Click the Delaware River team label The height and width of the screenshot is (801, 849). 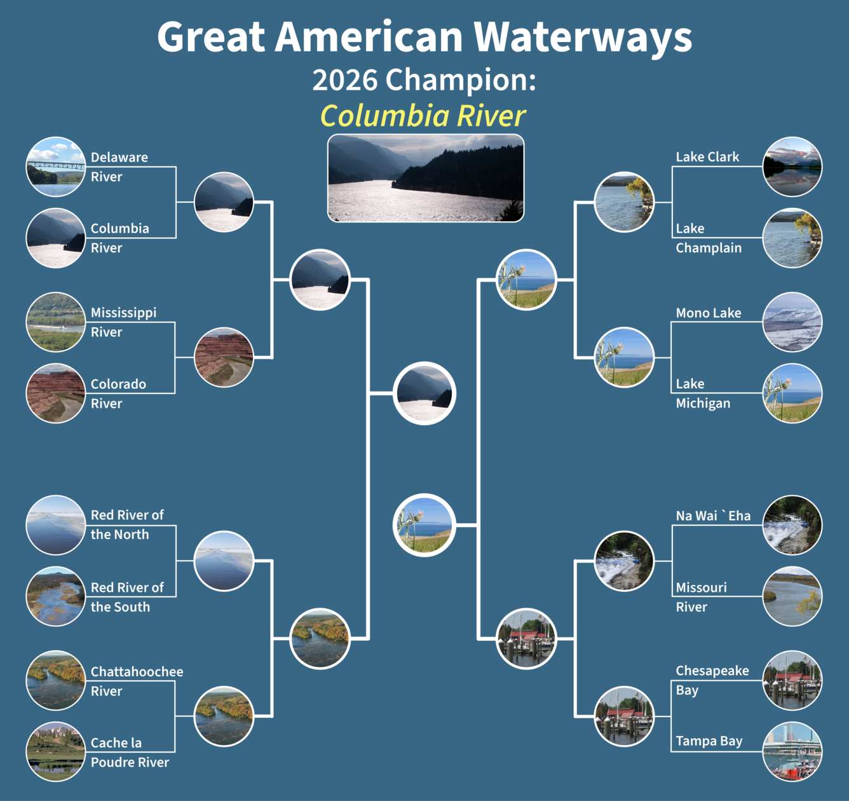119,167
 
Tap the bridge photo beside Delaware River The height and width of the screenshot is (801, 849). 56,167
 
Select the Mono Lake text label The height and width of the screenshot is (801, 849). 708,313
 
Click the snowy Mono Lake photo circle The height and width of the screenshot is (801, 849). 792,322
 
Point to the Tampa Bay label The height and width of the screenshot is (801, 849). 709,741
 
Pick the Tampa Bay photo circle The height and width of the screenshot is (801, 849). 792,751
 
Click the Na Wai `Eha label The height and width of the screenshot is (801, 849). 713,516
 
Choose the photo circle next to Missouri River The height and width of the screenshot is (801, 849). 792,596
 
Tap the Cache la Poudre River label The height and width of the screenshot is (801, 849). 130,752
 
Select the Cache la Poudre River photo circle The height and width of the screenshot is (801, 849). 56,751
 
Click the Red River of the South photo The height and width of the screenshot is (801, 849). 56,596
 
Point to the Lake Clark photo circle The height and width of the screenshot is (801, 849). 792,167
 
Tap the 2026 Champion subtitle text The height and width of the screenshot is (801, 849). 424,80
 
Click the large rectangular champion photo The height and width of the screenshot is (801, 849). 425,178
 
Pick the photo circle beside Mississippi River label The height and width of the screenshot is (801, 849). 56,322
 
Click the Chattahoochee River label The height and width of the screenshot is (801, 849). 137,681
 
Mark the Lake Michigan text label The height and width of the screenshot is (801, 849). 703,393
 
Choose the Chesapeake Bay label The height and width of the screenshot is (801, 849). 712,680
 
